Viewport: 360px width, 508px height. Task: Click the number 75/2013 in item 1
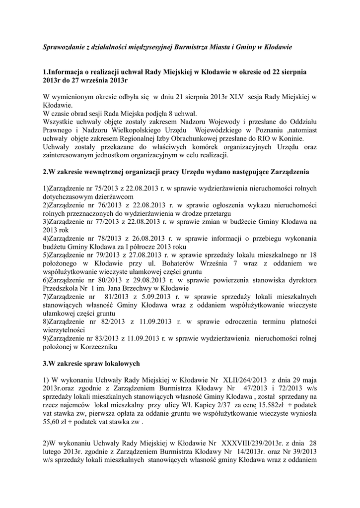[99, 189]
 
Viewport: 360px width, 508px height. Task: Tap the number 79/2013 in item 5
[99, 255]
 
